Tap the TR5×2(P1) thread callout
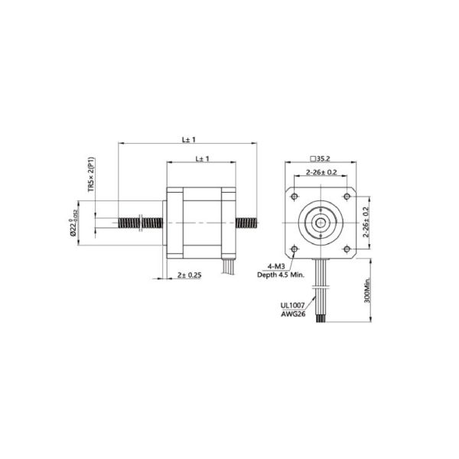pos(92,174)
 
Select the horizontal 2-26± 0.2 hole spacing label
pos(321,172)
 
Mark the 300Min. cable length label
pos(367,291)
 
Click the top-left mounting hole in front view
pos(294,197)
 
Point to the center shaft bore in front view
pos(320,223)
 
